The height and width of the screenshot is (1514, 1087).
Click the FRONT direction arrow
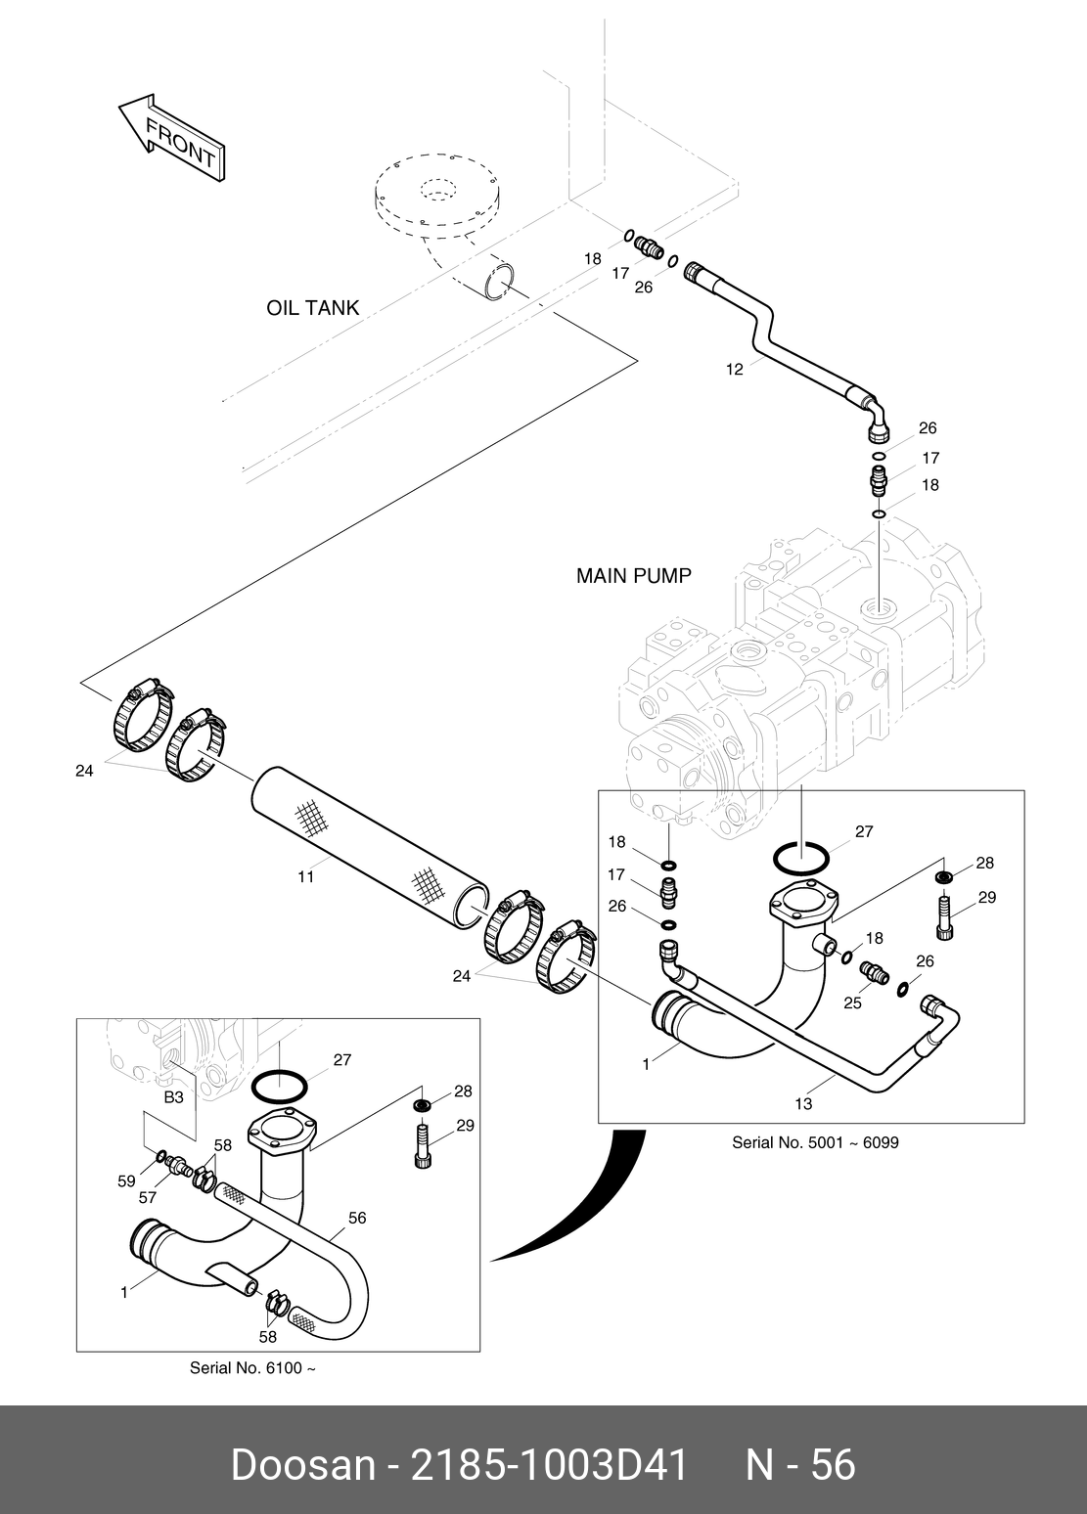coord(172,136)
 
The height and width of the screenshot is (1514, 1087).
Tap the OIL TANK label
coord(312,308)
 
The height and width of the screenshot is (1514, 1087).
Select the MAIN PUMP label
coord(633,576)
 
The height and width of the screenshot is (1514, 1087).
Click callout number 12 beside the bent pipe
coord(734,369)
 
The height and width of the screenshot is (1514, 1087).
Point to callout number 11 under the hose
coord(306,877)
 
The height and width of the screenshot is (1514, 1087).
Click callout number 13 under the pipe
coord(803,1104)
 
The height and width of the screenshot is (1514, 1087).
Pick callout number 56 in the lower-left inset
coord(357,1218)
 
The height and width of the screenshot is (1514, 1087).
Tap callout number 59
coord(126,1181)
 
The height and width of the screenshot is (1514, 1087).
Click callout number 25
coord(852,1002)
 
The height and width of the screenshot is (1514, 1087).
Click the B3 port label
coord(173,1097)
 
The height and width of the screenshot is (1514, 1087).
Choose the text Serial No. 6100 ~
coord(252,1368)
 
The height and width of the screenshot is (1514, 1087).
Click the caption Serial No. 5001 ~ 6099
coord(815,1141)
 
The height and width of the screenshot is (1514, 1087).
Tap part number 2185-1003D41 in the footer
coord(549,1464)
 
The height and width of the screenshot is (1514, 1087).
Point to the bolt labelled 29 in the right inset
coord(945,916)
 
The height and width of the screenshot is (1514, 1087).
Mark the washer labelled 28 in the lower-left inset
coord(423,1105)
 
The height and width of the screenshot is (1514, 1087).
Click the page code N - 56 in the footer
coord(800,1464)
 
